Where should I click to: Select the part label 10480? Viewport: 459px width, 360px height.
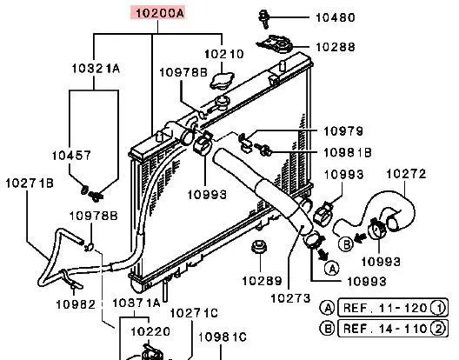pyautogui.click(x=336, y=17)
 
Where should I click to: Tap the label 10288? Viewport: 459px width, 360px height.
pyautogui.click(x=336, y=47)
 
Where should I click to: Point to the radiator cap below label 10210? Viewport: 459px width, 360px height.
pyautogui.click(x=223, y=81)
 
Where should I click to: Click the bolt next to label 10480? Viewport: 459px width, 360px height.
pyautogui.click(x=264, y=19)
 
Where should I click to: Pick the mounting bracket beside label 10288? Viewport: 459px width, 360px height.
pyautogui.click(x=276, y=44)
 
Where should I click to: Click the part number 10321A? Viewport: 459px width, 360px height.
pyautogui.click(x=96, y=69)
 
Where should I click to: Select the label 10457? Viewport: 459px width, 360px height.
pyautogui.click(x=71, y=156)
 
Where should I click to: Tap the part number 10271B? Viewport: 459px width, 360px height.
pyautogui.click(x=30, y=183)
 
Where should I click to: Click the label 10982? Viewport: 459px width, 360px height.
pyautogui.click(x=76, y=304)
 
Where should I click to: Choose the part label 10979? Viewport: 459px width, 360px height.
pyautogui.click(x=343, y=131)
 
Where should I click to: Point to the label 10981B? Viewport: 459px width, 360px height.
pyautogui.click(x=348, y=153)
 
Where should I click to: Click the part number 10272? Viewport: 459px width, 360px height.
pyautogui.click(x=406, y=174)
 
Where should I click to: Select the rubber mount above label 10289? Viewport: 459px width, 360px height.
pyautogui.click(x=259, y=247)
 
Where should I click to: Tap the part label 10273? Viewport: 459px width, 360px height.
pyautogui.click(x=290, y=298)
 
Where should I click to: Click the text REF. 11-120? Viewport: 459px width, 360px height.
pyautogui.click(x=385, y=308)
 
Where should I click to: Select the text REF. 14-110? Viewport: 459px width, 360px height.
pyautogui.click(x=385, y=329)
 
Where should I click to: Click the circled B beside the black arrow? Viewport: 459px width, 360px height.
pyautogui.click(x=346, y=243)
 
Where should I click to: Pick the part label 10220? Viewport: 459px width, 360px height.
pyautogui.click(x=150, y=331)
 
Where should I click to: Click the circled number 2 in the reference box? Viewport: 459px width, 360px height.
pyautogui.click(x=438, y=329)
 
